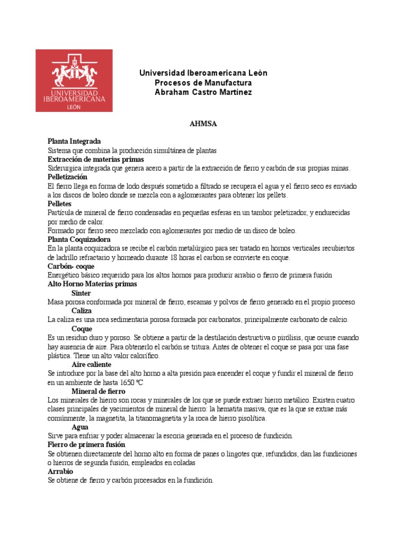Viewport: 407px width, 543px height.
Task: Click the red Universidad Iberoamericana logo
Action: coord(74,81)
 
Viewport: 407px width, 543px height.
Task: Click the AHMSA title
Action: coord(203,124)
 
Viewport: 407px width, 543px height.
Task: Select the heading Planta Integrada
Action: coord(74,142)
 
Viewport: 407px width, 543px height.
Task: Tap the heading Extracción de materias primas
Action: coord(95,159)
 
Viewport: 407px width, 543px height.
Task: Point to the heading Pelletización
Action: coord(67,177)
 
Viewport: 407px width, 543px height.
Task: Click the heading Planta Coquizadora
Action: coord(79,239)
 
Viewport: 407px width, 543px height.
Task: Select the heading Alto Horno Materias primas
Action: coord(92,284)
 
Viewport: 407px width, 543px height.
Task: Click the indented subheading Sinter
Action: coord(81,293)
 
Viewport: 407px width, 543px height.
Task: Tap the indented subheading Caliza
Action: coord(82,311)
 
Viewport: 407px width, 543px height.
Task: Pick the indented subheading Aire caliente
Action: coord(91,364)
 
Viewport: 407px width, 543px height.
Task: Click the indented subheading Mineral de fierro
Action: coord(98,391)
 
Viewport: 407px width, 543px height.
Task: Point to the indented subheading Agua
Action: coord(80,426)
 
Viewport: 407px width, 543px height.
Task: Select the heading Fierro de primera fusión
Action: coord(86,444)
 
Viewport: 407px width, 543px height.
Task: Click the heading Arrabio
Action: coord(60,471)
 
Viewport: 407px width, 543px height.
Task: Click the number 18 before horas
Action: coord(173,257)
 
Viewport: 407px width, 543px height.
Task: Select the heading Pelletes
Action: coord(60,204)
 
